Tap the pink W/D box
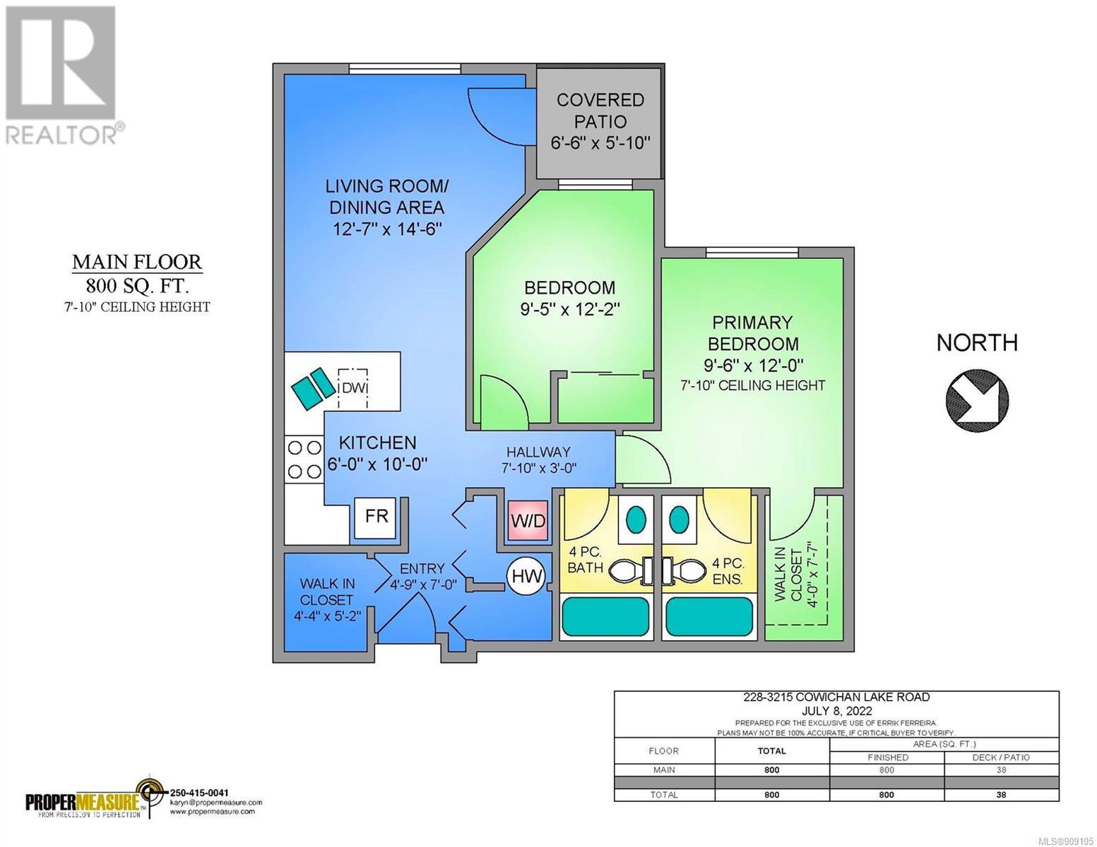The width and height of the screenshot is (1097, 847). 528,521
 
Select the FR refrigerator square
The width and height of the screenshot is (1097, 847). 376,517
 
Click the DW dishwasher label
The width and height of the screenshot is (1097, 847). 354,388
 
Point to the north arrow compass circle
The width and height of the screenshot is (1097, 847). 977,401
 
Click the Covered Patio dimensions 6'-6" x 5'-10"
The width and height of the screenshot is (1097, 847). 600,143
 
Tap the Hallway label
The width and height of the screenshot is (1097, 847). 539,452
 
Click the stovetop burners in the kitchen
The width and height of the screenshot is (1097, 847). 304,459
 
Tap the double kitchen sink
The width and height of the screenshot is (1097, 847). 314,389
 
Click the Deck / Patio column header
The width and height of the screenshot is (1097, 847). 1001,757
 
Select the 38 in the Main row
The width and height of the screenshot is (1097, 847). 1001,770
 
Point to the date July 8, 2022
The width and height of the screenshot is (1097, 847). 836,711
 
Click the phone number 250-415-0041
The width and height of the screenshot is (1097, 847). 201,793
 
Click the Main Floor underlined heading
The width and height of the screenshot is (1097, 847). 137,263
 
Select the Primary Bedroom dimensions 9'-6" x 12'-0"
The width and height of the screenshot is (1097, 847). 753,364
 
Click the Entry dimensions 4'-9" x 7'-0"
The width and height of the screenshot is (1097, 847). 424,585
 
